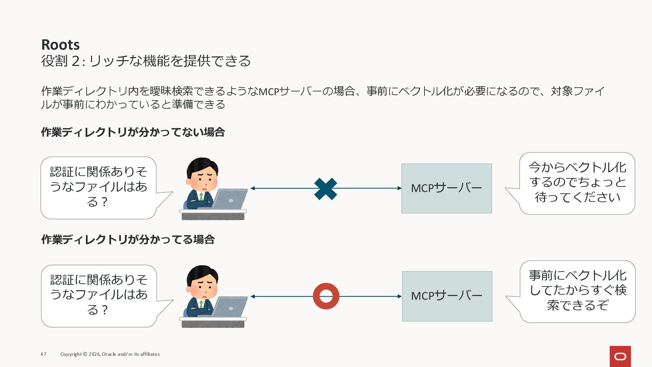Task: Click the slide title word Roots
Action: tap(60, 45)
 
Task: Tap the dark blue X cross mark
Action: tap(326, 189)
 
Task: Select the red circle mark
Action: tap(326, 296)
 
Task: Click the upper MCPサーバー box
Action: tap(447, 189)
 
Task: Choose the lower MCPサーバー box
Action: tap(447, 296)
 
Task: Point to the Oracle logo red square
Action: tap(620, 356)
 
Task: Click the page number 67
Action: tap(43, 354)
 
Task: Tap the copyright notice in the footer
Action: tap(110, 354)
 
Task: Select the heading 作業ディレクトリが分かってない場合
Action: tap(133, 132)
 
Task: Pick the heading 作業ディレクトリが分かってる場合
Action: tap(128, 240)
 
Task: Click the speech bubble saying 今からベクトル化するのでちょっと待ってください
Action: tap(577, 183)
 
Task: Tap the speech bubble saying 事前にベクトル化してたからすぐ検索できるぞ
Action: tap(577, 291)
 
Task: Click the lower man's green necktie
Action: tap(201, 304)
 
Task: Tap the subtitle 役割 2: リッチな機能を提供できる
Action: tap(146, 61)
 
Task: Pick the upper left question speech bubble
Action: tap(98, 187)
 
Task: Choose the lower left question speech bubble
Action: tap(99, 295)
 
